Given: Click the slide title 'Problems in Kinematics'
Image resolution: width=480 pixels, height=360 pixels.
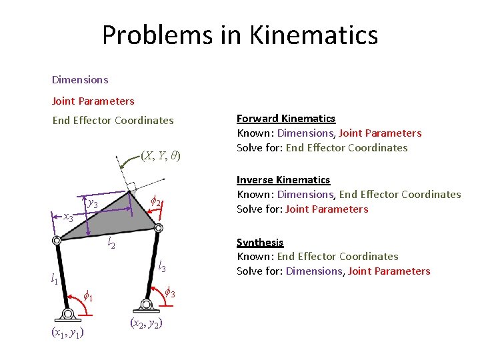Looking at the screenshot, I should click(240, 35).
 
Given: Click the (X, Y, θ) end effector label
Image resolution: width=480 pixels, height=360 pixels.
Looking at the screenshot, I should click(161, 156).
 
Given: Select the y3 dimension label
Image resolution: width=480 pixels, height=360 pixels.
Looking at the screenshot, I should click(93, 203).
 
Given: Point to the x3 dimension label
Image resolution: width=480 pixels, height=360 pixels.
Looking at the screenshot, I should click(68, 217).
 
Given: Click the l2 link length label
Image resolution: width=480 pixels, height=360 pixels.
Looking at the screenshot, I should click(111, 244).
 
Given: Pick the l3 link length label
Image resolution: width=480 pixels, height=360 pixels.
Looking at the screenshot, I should click(161, 267).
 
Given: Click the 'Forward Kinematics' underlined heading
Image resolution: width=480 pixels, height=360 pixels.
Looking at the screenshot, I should click(286, 119).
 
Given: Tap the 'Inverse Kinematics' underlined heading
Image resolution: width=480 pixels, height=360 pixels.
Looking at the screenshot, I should click(283, 180).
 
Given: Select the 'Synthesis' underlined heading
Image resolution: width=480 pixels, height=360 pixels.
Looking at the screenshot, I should click(260, 243).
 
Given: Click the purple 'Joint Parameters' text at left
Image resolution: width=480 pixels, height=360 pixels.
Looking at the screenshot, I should click(93, 101).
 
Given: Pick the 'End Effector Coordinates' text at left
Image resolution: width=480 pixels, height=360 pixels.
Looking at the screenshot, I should click(113, 121).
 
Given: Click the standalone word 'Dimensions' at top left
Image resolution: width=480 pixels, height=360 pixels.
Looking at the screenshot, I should click(79, 80).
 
